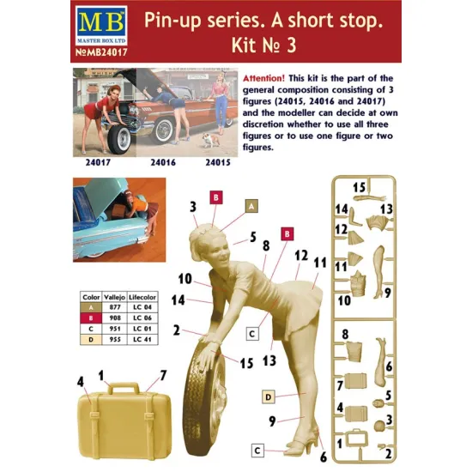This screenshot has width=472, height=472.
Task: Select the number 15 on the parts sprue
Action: pos(360,186)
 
